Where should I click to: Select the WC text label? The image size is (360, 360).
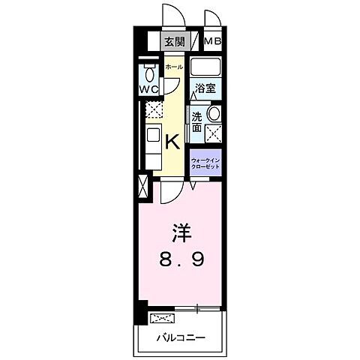(x=148, y=88)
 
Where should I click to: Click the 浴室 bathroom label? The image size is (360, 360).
(x=205, y=88)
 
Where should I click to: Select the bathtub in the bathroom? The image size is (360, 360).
(x=205, y=69)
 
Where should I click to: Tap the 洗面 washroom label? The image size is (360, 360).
(x=196, y=122)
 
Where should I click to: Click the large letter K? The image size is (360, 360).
(x=172, y=140)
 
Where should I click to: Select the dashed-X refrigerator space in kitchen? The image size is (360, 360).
(x=153, y=110)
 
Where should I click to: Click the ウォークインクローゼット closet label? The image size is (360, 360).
(x=205, y=163)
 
